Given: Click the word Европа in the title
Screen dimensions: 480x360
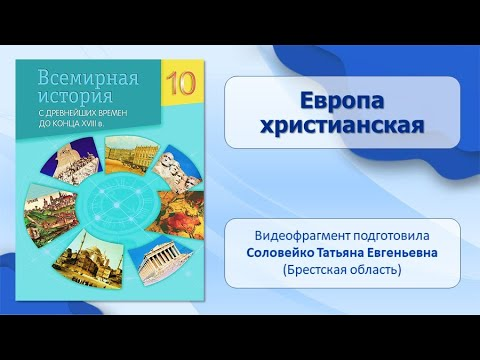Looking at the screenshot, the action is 342,101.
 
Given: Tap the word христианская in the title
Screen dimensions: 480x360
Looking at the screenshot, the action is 342,126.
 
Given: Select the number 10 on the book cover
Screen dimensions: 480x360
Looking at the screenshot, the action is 181,83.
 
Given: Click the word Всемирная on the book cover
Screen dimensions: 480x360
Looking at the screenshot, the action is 88,78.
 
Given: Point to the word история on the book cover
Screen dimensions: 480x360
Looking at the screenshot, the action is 75,96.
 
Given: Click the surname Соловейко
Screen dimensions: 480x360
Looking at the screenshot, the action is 280,253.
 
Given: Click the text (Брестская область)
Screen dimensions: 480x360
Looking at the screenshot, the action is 342,269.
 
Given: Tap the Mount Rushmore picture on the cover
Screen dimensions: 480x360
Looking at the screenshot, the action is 178,169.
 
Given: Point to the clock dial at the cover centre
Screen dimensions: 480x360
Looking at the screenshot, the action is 117,205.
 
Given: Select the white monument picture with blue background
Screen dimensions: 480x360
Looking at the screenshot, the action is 71,162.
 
